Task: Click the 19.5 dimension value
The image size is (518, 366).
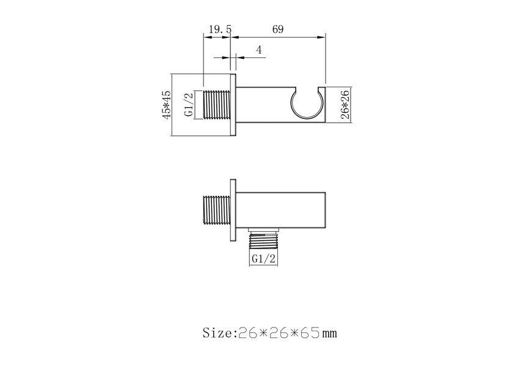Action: point(220,29)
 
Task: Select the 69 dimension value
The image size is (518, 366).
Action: point(278,29)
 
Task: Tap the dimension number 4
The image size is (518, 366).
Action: point(258,50)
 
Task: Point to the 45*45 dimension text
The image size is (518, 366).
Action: point(167,105)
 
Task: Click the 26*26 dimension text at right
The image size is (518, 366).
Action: point(345,105)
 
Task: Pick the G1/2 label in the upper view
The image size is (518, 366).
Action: point(188,104)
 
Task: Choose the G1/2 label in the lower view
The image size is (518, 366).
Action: point(263,259)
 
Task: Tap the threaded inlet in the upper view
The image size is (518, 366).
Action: point(216,104)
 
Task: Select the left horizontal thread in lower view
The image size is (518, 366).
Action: point(216,210)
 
